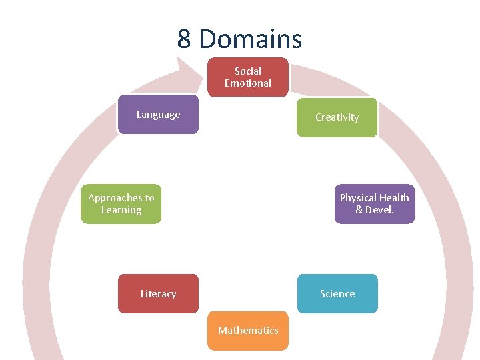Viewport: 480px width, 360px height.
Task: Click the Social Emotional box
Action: pyautogui.click(x=248, y=77)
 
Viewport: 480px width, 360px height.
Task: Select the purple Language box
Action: pyautogui.click(x=158, y=115)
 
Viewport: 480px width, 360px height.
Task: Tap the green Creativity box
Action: pyautogui.click(x=337, y=117)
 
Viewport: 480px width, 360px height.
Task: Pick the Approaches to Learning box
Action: pyautogui.click(x=121, y=204)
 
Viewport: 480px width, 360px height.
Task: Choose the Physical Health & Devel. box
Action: pyautogui.click(x=374, y=204)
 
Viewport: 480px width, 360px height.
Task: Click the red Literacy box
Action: pyautogui.click(x=158, y=294)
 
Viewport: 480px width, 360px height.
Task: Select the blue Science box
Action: pyautogui.click(x=337, y=294)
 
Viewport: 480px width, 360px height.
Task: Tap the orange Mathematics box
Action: pyautogui.click(x=248, y=331)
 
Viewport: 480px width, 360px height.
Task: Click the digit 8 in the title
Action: pyautogui.click(x=185, y=39)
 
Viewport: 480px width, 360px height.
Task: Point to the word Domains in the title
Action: pyautogui.click(x=251, y=39)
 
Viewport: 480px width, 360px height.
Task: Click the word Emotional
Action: pyautogui.click(x=248, y=83)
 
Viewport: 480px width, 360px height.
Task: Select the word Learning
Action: pyautogui.click(x=121, y=210)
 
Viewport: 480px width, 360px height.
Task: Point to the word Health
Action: pyautogui.click(x=395, y=198)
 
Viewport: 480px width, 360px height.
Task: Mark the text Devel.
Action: pyautogui.click(x=380, y=210)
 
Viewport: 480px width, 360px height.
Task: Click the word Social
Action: pyautogui.click(x=248, y=71)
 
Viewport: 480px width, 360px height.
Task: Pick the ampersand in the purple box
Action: pyautogui.click(x=359, y=210)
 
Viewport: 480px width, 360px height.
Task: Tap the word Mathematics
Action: pyautogui.click(x=248, y=331)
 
